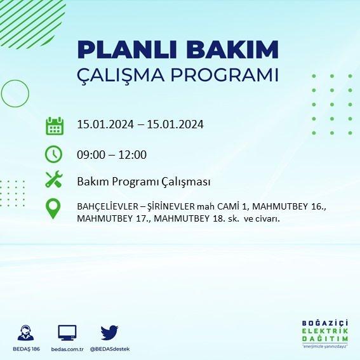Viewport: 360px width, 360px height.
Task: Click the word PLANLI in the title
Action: click(x=127, y=50)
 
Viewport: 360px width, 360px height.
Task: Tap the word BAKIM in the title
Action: click(x=232, y=50)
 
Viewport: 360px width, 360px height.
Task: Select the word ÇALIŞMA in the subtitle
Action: click(x=121, y=76)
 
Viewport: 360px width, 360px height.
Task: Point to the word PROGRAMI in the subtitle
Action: click(x=225, y=75)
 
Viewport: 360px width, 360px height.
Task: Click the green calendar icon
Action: click(x=55, y=126)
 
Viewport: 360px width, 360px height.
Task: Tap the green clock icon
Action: click(x=53, y=154)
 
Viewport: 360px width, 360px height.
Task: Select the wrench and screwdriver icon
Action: click(x=54, y=179)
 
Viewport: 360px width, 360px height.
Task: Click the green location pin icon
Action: click(x=53, y=208)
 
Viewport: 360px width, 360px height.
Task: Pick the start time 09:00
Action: click(x=91, y=155)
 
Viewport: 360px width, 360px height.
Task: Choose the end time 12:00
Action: click(x=133, y=155)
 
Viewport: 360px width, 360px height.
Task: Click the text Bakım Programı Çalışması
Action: click(x=143, y=182)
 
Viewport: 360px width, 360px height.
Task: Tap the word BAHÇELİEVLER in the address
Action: click(x=108, y=206)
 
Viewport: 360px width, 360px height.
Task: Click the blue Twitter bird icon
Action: click(x=109, y=333)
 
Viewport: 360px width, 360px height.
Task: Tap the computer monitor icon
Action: click(x=67, y=333)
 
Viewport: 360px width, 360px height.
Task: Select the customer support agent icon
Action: click(x=25, y=333)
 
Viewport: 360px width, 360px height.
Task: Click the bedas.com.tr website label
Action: click(x=67, y=349)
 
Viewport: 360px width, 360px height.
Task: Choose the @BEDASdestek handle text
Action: click(x=110, y=349)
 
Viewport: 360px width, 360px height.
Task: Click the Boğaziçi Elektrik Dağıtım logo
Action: click(x=325, y=334)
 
